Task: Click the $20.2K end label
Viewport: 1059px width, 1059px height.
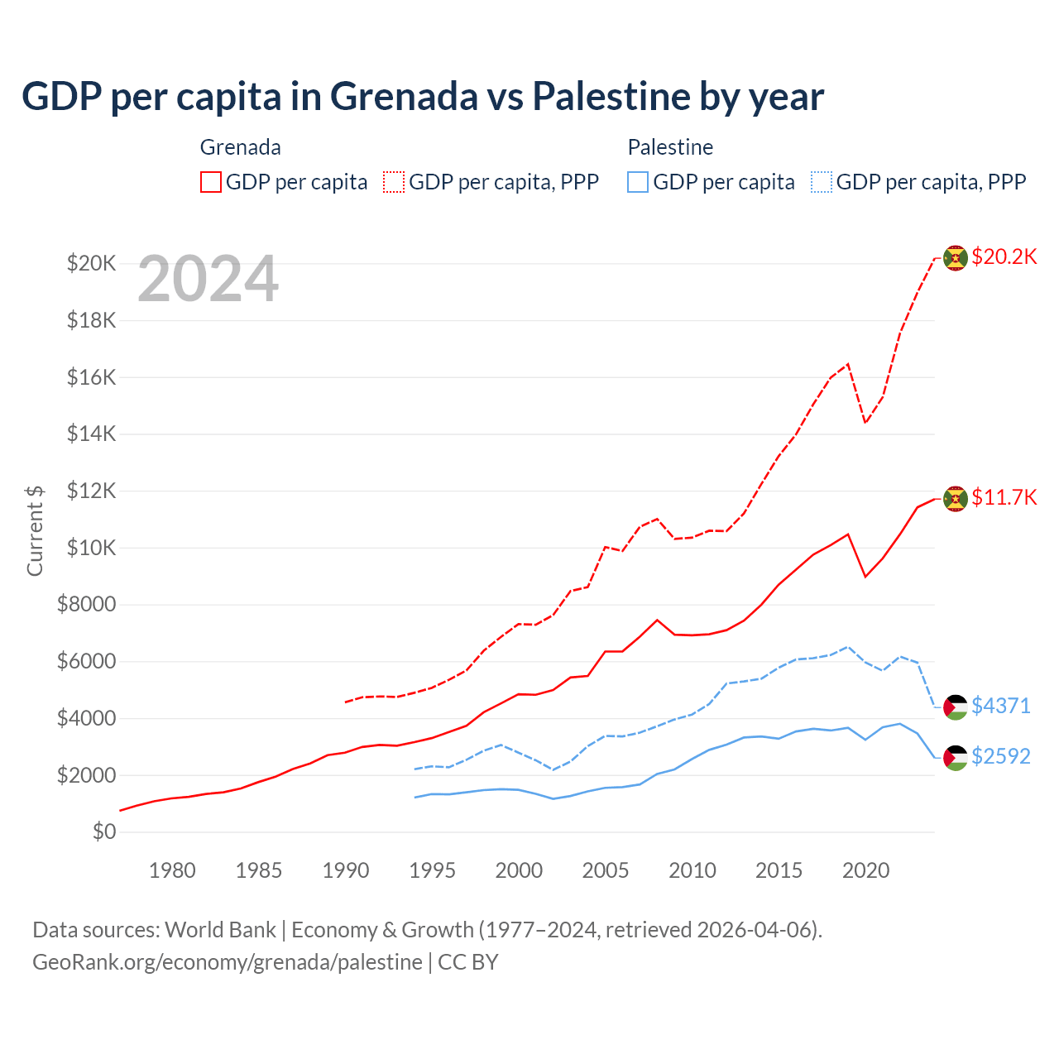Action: point(1004,256)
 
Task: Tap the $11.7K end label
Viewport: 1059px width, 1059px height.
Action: point(1004,497)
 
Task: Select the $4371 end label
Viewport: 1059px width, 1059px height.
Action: point(1000,706)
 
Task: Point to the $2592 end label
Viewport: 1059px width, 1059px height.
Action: point(1000,756)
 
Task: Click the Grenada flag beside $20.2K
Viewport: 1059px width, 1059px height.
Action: point(956,257)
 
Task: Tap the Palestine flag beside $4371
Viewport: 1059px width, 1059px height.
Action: point(956,707)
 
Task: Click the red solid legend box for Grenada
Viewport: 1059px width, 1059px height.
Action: point(211,182)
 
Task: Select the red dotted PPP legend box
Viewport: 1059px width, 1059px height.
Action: point(395,182)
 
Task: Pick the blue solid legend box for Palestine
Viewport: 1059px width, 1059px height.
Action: point(638,182)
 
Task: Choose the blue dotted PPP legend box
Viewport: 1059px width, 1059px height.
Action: point(822,182)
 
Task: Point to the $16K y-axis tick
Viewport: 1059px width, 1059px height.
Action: point(91,377)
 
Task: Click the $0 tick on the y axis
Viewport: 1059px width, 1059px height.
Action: point(103,831)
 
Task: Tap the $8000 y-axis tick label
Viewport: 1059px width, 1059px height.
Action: point(86,605)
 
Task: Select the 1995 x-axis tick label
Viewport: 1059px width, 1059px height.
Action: point(432,870)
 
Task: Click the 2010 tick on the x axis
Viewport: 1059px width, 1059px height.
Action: point(692,870)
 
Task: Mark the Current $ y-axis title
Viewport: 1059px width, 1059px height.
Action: point(35,530)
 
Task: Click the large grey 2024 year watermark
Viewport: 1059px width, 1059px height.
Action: point(208,280)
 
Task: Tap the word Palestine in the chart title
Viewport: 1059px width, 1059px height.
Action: point(611,96)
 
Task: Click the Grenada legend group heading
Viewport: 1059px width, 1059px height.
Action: point(241,147)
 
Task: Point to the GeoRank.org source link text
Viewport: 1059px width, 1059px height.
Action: point(228,962)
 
